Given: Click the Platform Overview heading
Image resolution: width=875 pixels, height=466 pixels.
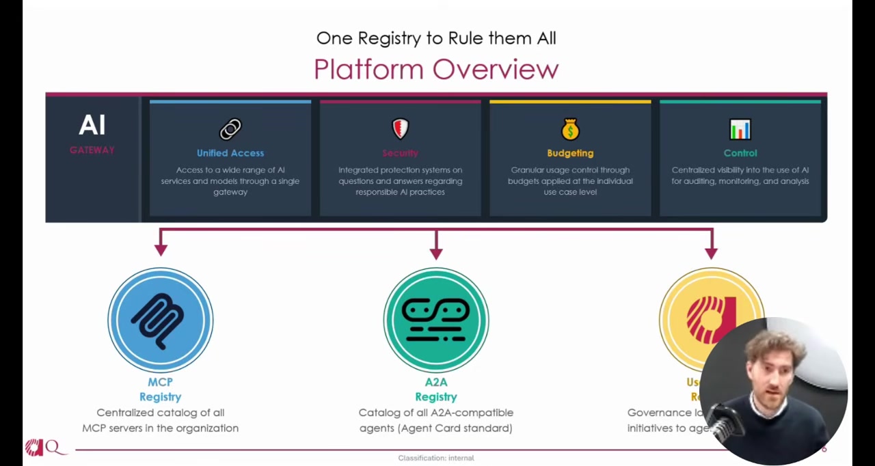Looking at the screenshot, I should point(436,69).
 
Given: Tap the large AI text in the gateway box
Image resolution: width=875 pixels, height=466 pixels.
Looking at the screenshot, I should point(92,125).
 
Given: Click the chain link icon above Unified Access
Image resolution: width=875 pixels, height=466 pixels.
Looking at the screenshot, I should point(230,129).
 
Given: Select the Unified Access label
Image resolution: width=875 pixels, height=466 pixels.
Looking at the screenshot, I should point(230,153).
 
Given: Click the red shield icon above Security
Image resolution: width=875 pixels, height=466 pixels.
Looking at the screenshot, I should point(400,128).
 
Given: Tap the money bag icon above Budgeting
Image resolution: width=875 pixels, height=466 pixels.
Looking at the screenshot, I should point(570,128).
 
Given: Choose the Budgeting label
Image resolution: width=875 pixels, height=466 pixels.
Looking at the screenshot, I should point(570,153).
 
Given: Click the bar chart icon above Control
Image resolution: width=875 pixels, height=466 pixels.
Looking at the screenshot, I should point(740,129).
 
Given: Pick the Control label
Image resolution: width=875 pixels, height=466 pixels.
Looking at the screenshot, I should point(740,153).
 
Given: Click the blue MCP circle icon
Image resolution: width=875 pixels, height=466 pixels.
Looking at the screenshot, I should point(161,320).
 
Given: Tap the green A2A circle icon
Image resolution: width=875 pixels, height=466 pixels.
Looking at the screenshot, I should point(436,320).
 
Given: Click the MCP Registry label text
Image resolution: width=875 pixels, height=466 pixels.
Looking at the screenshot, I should point(161,389).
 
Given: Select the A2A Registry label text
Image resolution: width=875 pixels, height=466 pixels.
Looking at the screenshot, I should point(436,389).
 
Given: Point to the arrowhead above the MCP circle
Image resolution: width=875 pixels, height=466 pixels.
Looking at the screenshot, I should point(161,250).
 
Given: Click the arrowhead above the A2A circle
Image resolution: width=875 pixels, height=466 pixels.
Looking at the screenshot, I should point(436,253).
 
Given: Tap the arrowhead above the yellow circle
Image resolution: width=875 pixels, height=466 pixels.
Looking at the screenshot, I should point(711,253).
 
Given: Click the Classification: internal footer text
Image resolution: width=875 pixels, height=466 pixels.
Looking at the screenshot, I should point(436,458).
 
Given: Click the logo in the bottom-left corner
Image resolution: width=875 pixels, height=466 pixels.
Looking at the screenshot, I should point(43,448).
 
